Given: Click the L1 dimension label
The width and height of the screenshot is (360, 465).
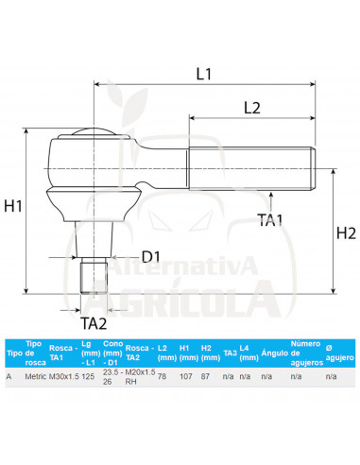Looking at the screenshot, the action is (204, 74).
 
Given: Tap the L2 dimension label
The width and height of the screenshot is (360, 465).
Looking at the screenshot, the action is (252, 108).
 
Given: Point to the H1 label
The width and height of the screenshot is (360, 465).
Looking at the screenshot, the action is (13, 206).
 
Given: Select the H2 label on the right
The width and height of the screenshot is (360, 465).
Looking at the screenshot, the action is (346, 233).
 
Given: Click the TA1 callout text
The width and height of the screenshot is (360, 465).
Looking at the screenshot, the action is (270, 220).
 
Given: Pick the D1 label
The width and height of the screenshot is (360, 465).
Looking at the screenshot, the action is (151, 257).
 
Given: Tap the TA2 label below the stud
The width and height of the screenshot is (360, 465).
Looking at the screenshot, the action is (94, 323).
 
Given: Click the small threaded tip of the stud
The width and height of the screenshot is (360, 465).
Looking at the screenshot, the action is (94, 275).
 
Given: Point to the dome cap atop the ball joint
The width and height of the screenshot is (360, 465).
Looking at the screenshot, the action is (94, 131).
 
